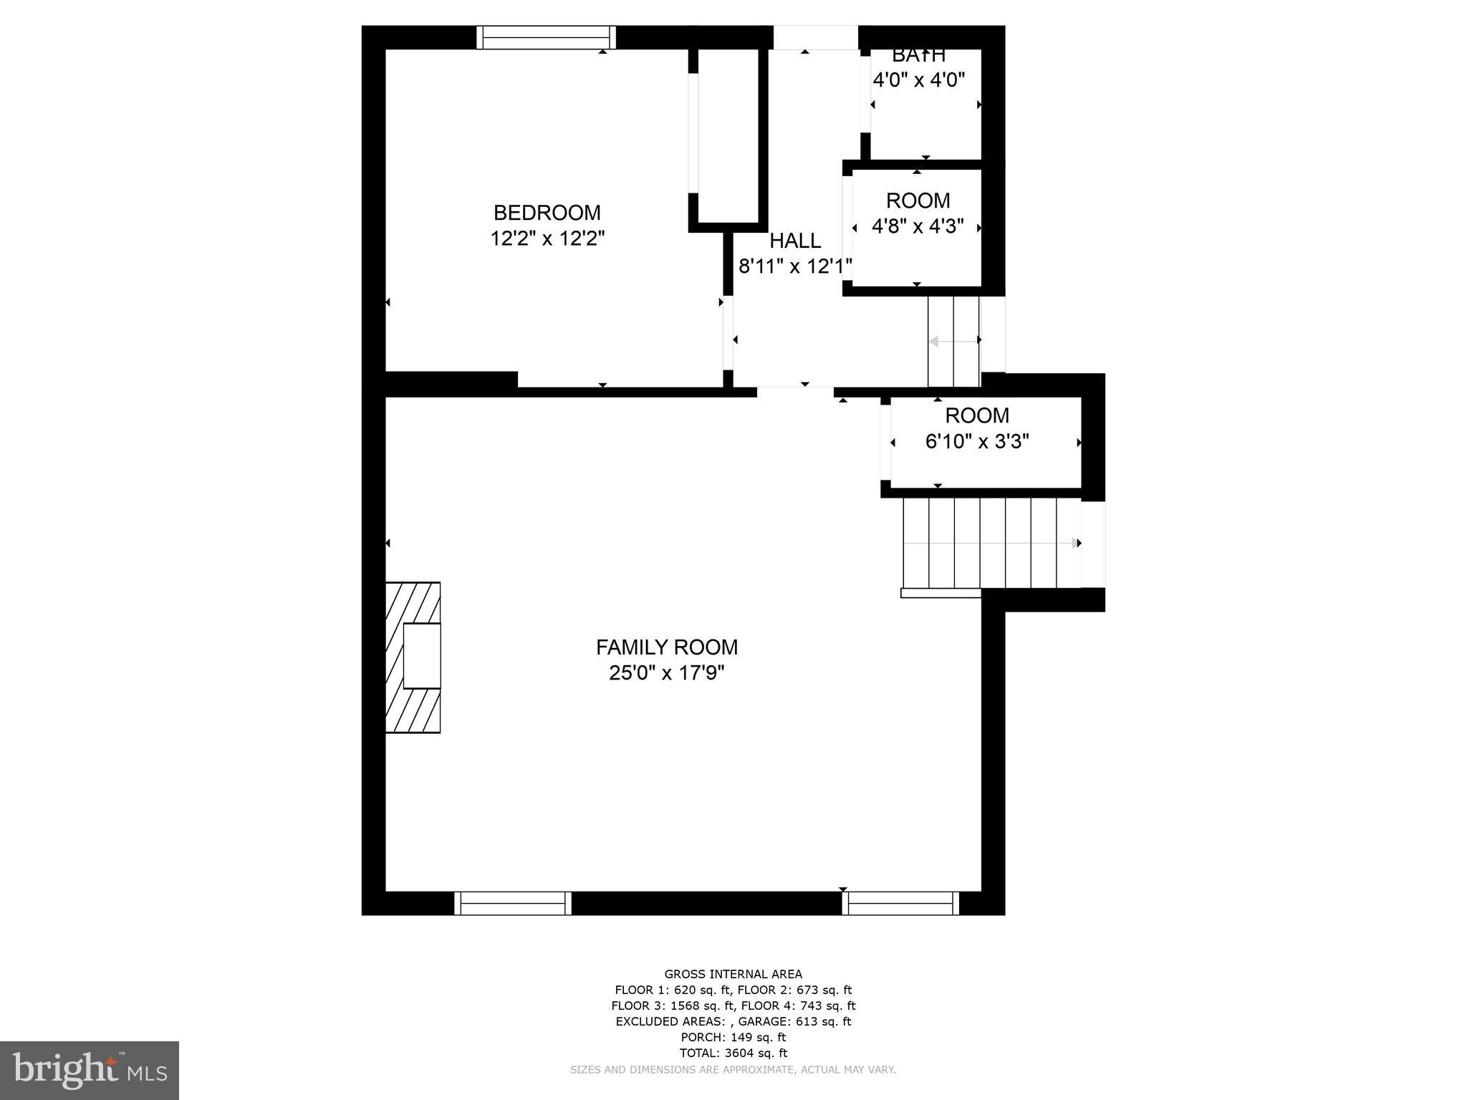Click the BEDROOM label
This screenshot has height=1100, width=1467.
point(547,213)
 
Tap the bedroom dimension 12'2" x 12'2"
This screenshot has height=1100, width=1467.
point(547,238)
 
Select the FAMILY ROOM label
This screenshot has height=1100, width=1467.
point(666,647)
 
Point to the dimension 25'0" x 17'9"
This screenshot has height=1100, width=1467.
point(666,673)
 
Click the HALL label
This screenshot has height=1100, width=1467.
point(795,241)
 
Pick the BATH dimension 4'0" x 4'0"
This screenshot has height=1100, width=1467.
point(918,79)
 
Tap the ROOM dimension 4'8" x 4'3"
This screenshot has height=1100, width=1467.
point(918,226)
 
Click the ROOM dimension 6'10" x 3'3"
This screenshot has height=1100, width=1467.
point(977,441)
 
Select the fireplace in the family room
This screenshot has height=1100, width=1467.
point(414,657)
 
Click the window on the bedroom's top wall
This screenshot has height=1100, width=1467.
point(547,37)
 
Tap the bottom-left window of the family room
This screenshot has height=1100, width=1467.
point(513,903)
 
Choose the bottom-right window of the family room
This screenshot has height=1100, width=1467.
point(900,903)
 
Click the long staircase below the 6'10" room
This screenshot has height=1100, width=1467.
point(991,543)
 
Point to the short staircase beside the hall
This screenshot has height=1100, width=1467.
point(953,342)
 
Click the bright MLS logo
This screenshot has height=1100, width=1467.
point(90,1070)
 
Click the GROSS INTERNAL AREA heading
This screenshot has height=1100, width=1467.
point(733,974)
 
